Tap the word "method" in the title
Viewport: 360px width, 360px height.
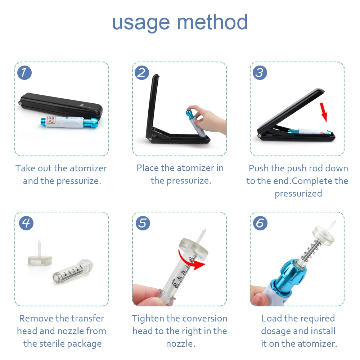pyautogui.click(x=212, y=22)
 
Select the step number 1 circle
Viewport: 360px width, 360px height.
pyautogui.click(x=24, y=73)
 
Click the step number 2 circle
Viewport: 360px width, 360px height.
pyautogui.click(x=142, y=73)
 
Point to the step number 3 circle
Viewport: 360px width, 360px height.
pyautogui.click(x=260, y=73)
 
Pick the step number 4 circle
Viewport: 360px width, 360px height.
pyautogui.click(x=26, y=223)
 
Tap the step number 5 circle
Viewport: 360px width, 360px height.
pyautogui.click(x=143, y=223)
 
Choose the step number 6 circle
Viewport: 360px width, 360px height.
pyautogui.click(x=260, y=223)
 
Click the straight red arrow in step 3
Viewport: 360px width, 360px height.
pyautogui.click(x=324, y=112)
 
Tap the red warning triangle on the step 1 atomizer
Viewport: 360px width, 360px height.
pyautogui.click(x=51, y=120)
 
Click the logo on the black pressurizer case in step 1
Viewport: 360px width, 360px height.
pyautogui.click(x=87, y=107)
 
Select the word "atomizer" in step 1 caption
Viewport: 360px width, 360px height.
pyautogui.click(x=89, y=168)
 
